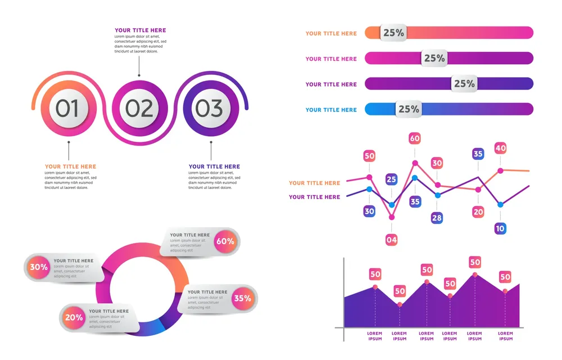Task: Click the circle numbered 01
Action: (x=68, y=109)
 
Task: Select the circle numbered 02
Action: (x=139, y=109)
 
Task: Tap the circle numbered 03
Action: (x=209, y=109)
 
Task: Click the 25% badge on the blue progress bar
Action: (x=409, y=109)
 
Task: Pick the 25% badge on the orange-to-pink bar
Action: (x=393, y=33)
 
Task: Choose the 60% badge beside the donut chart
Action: (x=225, y=241)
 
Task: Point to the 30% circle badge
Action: (x=39, y=267)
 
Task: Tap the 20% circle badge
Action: (x=74, y=317)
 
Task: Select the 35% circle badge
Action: (x=242, y=298)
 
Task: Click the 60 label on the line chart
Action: (x=415, y=138)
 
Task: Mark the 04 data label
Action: (x=392, y=240)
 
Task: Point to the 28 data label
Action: (x=437, y=218)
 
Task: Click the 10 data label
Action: (x=500, y=228)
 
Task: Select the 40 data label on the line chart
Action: (x=500, y=148)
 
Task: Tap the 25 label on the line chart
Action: (x=392, y=179)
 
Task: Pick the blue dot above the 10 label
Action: (x=500, y=205)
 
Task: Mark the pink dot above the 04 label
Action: (x=392, y=217)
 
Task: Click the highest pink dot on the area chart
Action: (x=475, y=274)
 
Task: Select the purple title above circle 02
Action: (x=140, y=30)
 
